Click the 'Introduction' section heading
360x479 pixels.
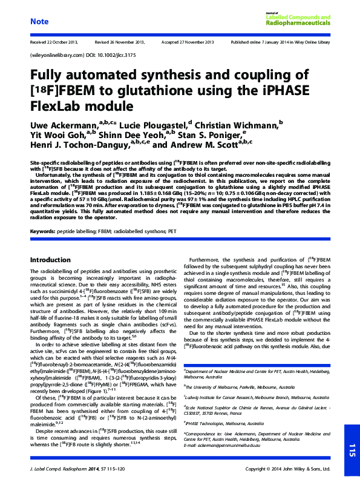(50, 259)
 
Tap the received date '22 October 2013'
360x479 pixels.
(62, 43)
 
